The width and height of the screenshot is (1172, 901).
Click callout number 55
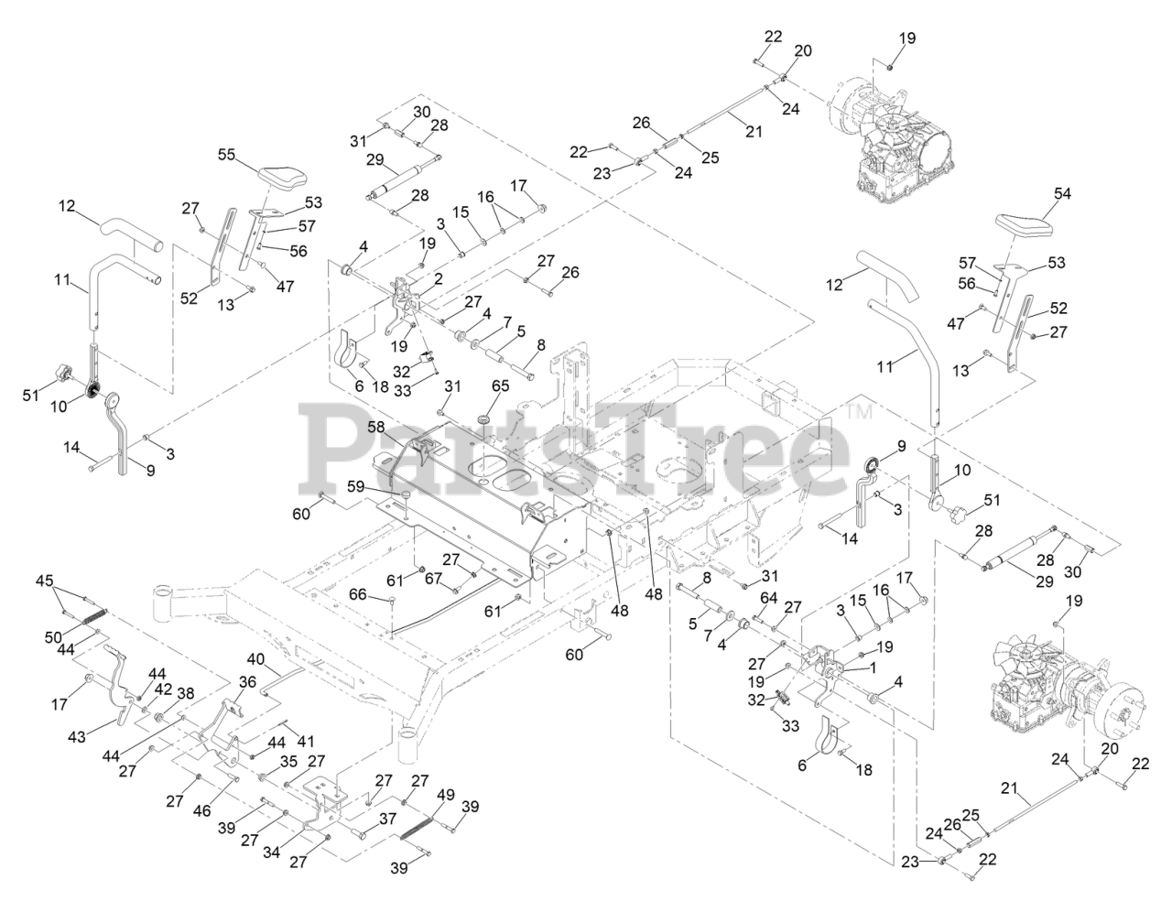click(226, 155)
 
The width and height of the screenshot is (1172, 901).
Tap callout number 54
click(1062, 193)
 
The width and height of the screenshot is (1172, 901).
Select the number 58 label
click(375, 427)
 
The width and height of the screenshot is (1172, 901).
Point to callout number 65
click(500, 386)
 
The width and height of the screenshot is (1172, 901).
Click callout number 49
click(445, 795)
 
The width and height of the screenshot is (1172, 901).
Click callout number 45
click(45, 581)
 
